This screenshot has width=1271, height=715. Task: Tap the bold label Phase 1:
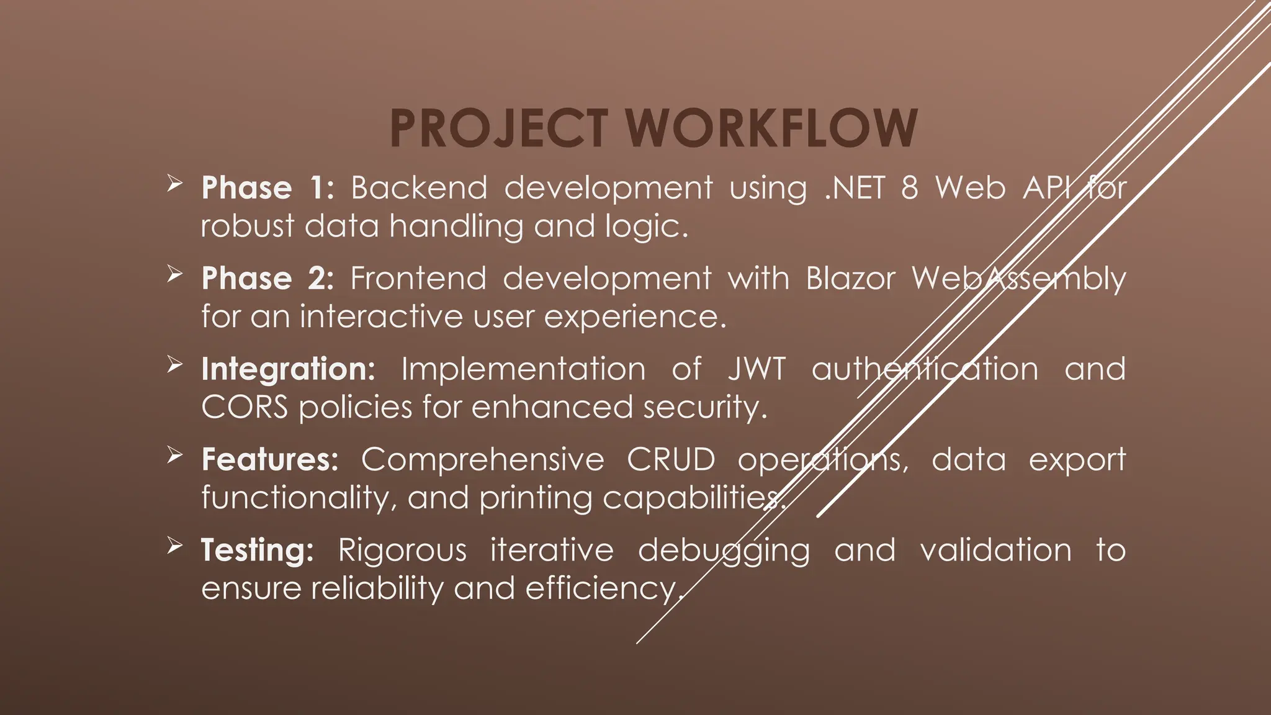(267, 187)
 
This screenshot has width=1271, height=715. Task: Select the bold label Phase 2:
(267, 278)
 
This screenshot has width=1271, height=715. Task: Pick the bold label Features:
(270, 459)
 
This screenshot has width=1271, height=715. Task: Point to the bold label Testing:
(258, 550)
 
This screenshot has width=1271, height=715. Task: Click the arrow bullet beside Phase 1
(174, 184)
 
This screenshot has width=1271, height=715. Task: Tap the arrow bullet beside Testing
(174, 546)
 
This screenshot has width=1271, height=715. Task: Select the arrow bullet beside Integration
(174, 365)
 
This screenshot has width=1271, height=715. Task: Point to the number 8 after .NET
(909, 187)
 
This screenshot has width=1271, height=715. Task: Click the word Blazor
(850, 278)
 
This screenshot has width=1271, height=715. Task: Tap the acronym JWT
(757, 369)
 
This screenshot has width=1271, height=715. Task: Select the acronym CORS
(245, 408)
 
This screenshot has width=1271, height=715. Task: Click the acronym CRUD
(671, 459)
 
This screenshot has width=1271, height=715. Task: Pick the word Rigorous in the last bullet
(402, 550)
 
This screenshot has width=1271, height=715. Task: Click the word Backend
(419, 187)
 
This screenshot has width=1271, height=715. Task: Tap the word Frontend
(418, 278)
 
